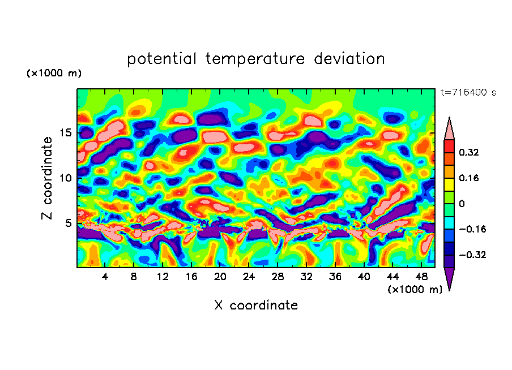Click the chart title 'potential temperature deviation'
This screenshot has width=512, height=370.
click(x=256, y=59)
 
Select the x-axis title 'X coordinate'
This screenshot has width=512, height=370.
click(x=256, y=306)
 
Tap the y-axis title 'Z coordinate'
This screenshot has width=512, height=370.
click(x=48, y=178)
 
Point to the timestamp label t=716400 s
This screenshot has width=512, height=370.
click(x=468, y=92)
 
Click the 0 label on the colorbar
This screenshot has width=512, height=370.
click(x=462, y=204)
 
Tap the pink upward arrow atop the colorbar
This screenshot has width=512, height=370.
click(x=449, y=128)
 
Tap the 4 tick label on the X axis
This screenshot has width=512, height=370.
click(x=105, y=277)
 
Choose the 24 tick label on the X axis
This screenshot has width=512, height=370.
click(x=249, y=277)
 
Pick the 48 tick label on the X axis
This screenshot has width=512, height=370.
click(x=421, y=277)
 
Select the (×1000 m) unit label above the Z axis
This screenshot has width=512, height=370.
click(x=54, y=74)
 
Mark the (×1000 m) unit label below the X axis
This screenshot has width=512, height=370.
click(x=415, y=290)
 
